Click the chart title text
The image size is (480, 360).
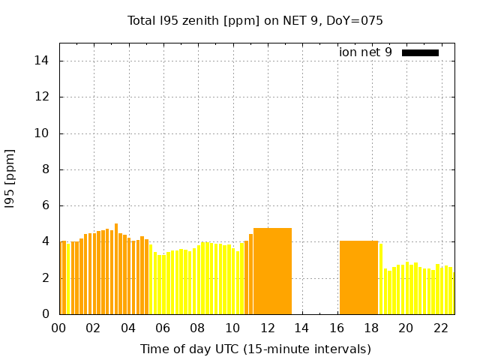point(255,21)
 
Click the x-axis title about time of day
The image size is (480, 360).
point(255,349)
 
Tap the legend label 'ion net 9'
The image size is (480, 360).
point(365,52)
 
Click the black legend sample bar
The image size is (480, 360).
point(420,52)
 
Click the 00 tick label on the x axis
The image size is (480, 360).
point(58,328)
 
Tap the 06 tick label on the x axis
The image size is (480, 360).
point(163,328)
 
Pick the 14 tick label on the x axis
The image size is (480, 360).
point(301,328)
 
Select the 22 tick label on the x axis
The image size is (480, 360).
point(440,328)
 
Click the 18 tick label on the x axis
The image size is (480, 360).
point(370,328)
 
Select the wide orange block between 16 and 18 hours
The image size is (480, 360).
point(358,277)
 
